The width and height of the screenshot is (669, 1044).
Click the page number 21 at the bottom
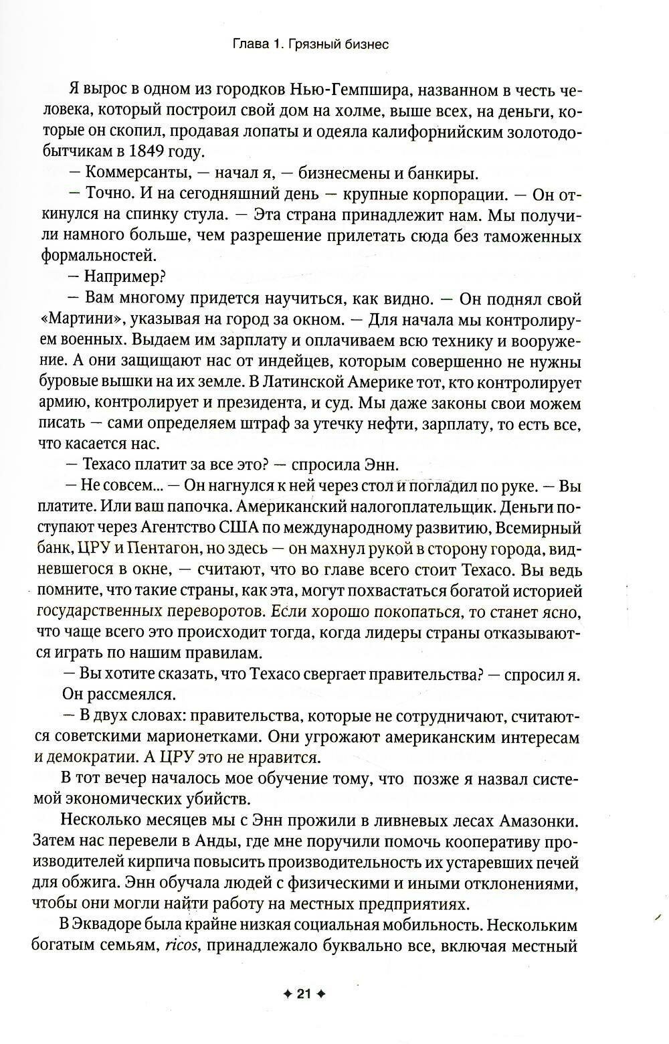[x=303, y=994]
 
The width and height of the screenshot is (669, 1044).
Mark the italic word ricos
[x=182, y=947]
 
